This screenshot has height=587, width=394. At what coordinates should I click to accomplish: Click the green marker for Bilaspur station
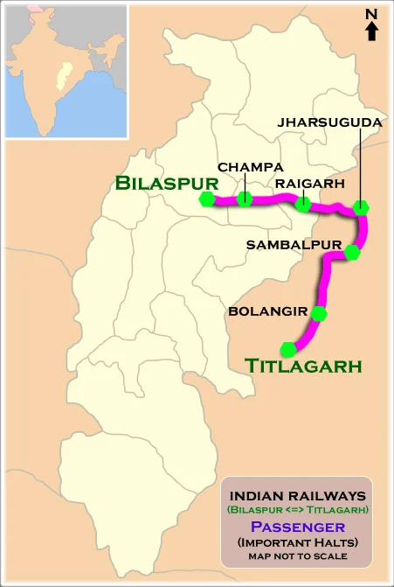click(x=207, y=199)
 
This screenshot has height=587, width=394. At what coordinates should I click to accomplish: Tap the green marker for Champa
click(x=245, y=199)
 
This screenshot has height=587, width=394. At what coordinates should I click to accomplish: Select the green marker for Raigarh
click(x=302, y=205)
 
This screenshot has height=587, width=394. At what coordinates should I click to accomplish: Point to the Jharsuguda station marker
click(x=361, y=207)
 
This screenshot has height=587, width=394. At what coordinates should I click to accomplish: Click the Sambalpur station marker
click(x=352, y=253)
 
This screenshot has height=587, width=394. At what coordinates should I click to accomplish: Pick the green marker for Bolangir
click(x=319, y=313)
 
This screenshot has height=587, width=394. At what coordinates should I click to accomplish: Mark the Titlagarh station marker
click(x=289, y=347)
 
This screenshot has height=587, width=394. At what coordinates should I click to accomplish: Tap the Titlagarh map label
click(x=303, y=366)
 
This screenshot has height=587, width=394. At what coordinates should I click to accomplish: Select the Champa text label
click(x=250, y=166)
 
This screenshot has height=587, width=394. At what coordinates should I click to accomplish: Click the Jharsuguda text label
click(x=329, y=123)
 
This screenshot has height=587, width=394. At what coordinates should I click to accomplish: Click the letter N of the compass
click(x=371, y=13)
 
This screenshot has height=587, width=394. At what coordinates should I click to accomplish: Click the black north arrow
click(x=371, y=31)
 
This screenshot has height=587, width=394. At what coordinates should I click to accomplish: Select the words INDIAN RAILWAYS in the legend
click(x=297, y=494)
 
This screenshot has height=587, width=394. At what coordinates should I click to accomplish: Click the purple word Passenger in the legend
click(x=297, y=527)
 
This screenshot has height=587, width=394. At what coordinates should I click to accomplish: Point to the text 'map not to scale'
click(x=297, y=556)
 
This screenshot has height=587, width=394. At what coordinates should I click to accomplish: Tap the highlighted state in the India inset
click(x=61, y=77)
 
